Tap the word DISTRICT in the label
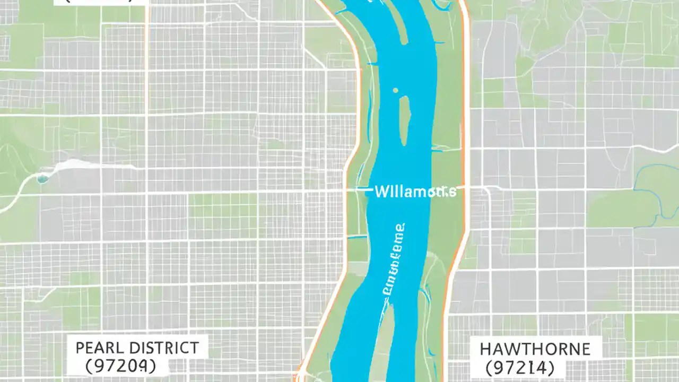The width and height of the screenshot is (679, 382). (x=161, y=348)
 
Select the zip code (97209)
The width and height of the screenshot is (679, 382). (x=121, y=366)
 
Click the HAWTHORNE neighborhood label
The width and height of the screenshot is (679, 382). (x=534, y=349)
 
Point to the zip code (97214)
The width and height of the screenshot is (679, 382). (x=520, y=367)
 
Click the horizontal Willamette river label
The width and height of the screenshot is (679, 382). (x=414, y=192)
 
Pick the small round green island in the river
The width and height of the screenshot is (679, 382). (x=396, y=91)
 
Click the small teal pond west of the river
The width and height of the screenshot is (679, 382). (x=42, y=179)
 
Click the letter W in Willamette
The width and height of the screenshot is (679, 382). (x=380, y=192)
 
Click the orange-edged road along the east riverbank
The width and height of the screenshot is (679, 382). (x=466, y=133)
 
